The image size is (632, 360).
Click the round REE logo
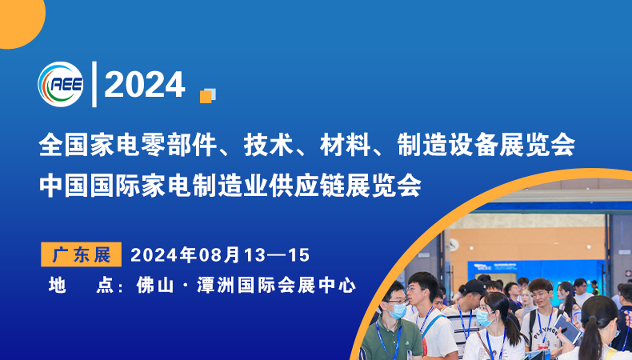(x=61, y=83)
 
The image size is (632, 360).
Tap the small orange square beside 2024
(x=206, y=96)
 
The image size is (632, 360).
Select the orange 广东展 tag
(x=81, y=255)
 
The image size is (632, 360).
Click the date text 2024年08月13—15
(x=219, y=255)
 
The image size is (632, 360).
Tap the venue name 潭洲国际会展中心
(x=272, y=285)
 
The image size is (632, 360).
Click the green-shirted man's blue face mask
(x=398, y=310)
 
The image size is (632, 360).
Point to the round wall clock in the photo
(x=453, y=245)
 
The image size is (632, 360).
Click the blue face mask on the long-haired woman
(x=484, y=318)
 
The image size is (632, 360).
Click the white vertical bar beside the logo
(x=94, y=83)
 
